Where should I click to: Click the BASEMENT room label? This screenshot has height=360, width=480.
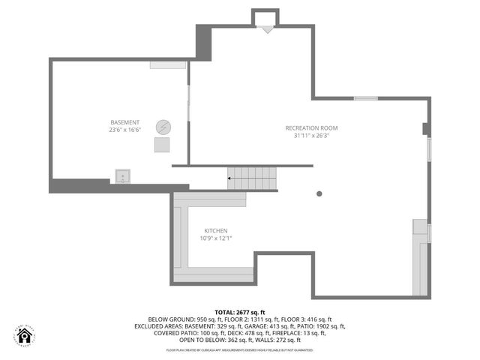(125, 122)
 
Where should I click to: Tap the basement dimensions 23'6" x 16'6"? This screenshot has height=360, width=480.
(125, 130)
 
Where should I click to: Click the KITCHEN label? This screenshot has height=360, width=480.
(216, 230)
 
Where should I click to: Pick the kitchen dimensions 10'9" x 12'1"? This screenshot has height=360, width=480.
(216, 238)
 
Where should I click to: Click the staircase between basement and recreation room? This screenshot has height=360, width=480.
(253, 178)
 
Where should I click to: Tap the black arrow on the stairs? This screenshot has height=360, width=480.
(229, 178)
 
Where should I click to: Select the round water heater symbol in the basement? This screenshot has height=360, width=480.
(163, 127)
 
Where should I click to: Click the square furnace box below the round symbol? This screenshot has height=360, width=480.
(163, 145)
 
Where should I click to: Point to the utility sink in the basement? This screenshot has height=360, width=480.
(123, 177)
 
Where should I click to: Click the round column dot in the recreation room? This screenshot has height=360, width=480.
(319, 193)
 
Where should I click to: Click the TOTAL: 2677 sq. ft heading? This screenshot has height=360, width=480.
(240, 312)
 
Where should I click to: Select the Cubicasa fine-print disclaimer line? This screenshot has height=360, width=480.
(240, 350)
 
